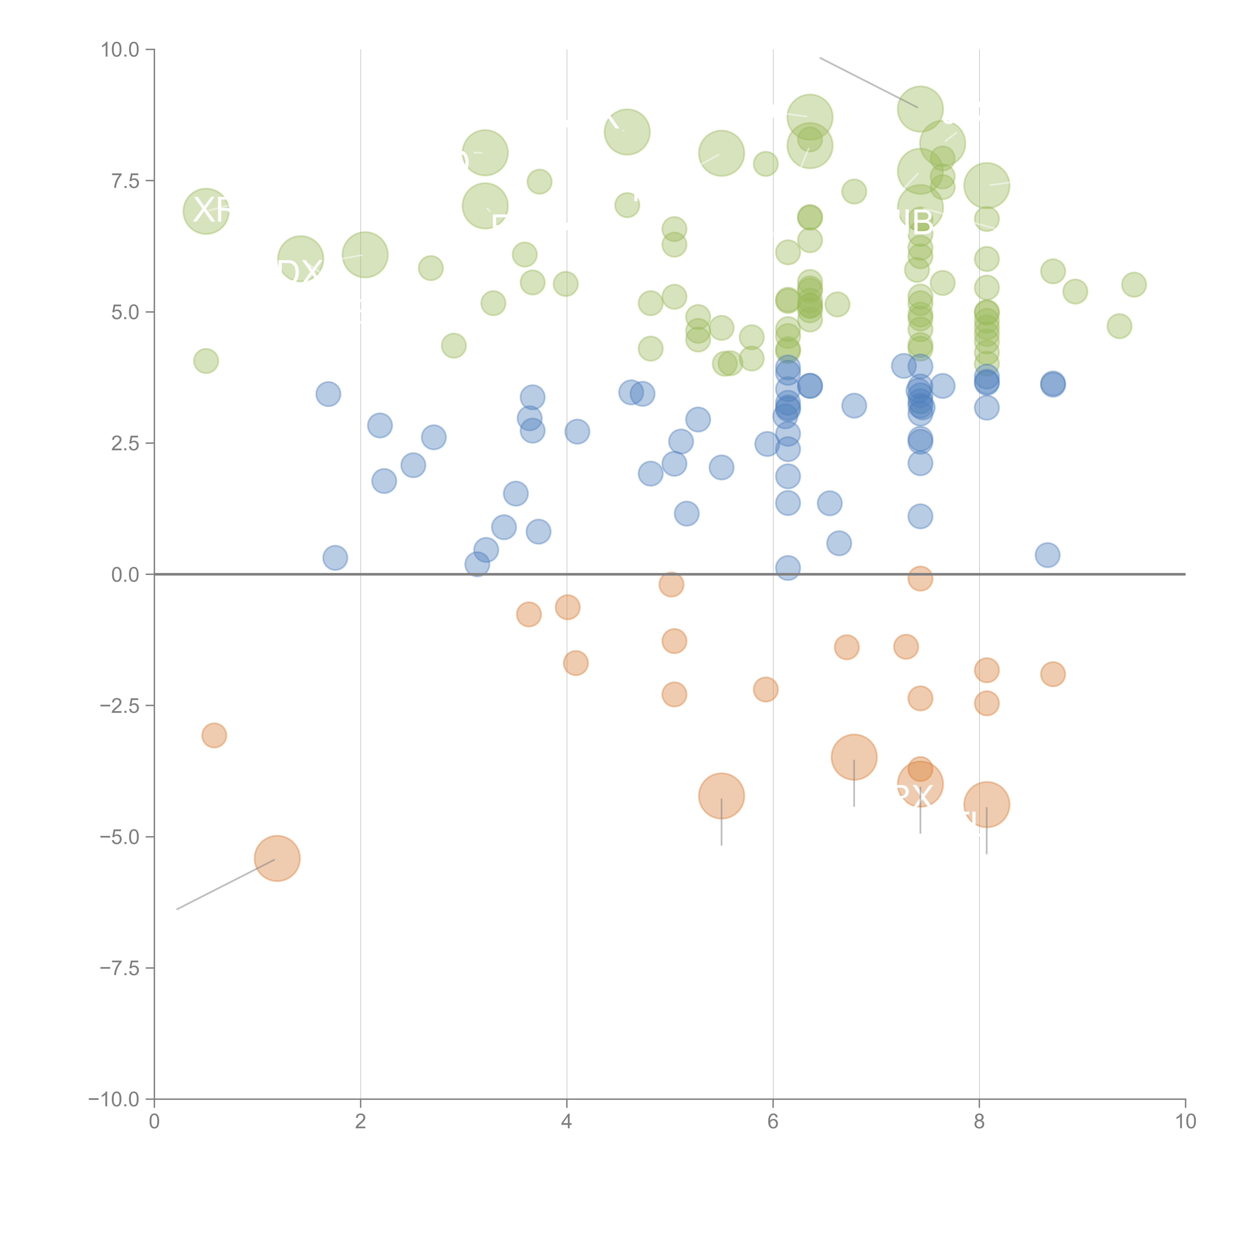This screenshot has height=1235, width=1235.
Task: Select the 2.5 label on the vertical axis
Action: [125, 443]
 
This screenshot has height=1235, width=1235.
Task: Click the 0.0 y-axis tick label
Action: [125, 575]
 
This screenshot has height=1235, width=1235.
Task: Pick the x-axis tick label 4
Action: [566, 1122]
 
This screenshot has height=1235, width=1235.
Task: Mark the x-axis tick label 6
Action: [773, 1122]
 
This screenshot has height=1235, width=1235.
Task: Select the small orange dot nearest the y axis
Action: [214, 735]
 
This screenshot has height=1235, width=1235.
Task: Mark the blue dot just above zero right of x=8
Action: [1047, 555]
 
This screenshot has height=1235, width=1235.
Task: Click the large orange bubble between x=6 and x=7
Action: [854, 757]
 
